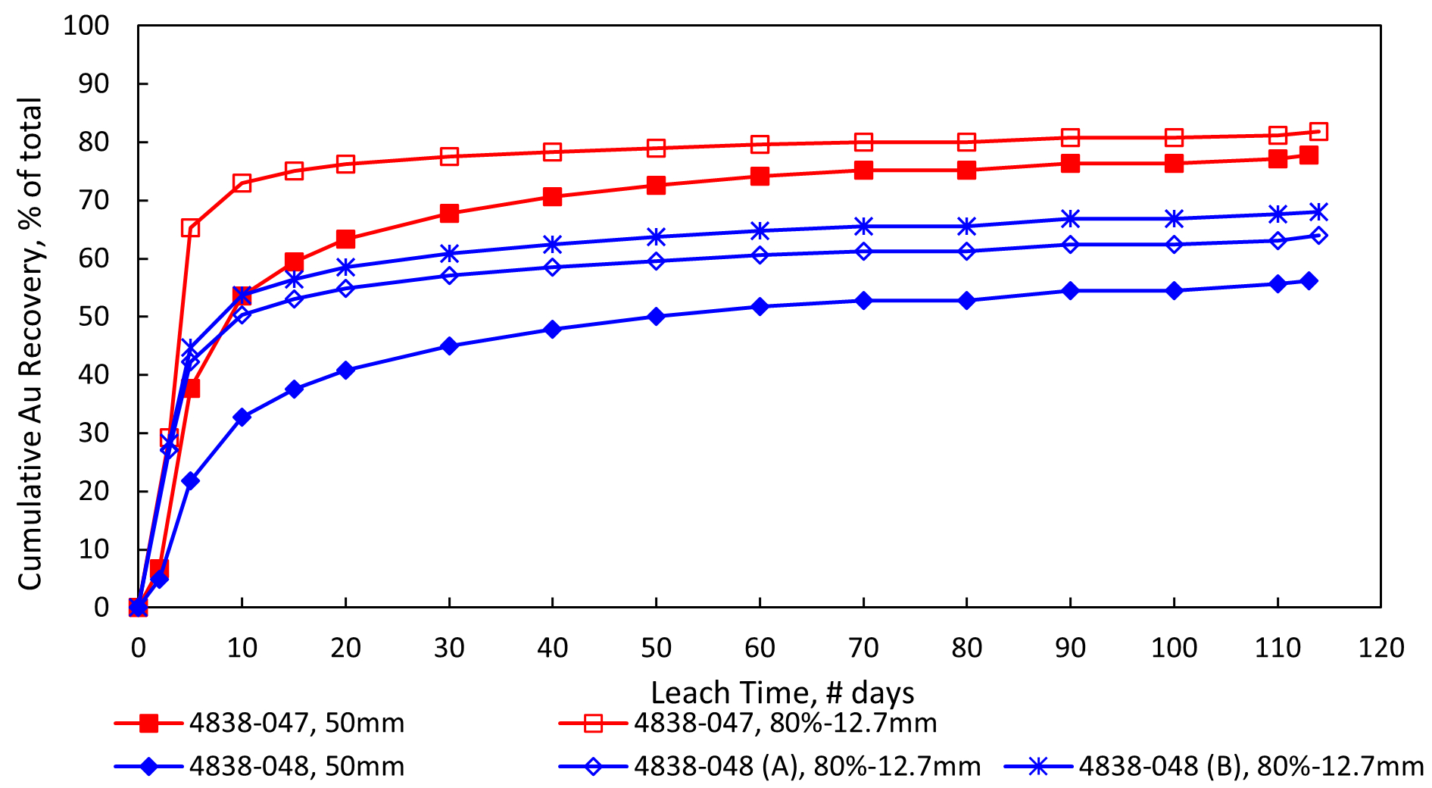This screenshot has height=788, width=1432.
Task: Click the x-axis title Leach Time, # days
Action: (782, 693)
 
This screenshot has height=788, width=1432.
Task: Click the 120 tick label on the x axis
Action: (1381, 648)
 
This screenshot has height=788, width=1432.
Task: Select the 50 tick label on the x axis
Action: (656, 648)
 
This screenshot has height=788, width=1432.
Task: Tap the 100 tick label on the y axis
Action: (86, 26)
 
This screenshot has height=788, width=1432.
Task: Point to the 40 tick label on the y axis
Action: (93, 374)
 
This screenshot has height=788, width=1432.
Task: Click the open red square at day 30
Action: (449, 157)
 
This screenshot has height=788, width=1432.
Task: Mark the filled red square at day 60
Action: (760, 177)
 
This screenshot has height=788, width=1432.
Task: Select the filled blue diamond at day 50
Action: (656, 316)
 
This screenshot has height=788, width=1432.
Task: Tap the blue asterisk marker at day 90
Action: (1070, 219)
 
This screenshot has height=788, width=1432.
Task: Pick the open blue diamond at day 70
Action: (863, 251)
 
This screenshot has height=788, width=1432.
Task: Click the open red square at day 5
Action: (190, 228)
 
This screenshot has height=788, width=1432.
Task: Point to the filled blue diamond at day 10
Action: (242, 417)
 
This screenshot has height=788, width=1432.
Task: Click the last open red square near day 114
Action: (1318, 132)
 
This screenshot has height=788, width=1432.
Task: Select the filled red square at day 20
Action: (345, 239)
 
